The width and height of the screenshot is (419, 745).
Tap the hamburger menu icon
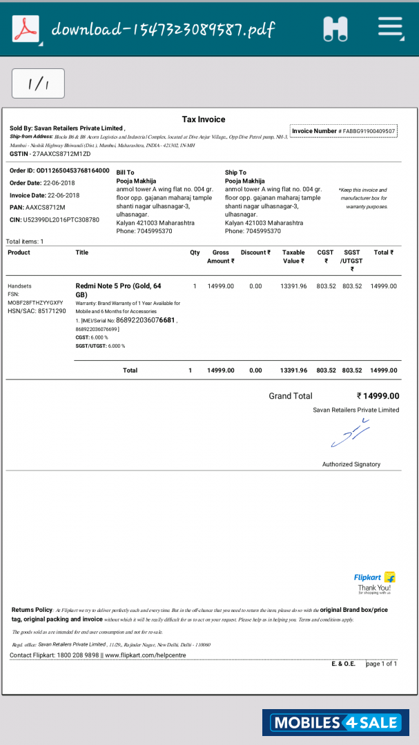pyautogui.click(x=390, y=28)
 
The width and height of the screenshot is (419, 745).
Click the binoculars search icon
pyautogui.click(x=335, y=29)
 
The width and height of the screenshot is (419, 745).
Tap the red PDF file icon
pyautogui.click(x=27, y=29)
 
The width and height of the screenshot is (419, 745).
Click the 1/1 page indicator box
pyautogui.click(x=38, y=84)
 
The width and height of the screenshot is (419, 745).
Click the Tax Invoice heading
pyautogui.click(x=204, y=119)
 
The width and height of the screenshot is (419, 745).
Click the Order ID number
pyautogui.click(x=72, y=170)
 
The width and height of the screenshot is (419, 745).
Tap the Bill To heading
pyautogui.click(x=125, y=172)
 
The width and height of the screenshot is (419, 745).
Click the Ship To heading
pyautogui.click(x=235, y=172)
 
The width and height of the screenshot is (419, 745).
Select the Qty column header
pyautogui.click(x=195, y=252)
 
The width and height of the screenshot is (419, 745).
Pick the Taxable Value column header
pyautogui.click(x=293, y=257)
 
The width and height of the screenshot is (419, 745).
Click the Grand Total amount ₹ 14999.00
pyautogui.click(x=378, y=396)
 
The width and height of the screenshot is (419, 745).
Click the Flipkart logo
pyautogui.click(x=374, y=577)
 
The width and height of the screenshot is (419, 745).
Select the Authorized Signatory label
pyautogui.click(x=351, y=464)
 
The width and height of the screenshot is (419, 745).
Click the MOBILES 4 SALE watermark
pyautogui.click(x=336, y=722)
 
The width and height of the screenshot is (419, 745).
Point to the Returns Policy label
pyautogui.click(x=32, y=610)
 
